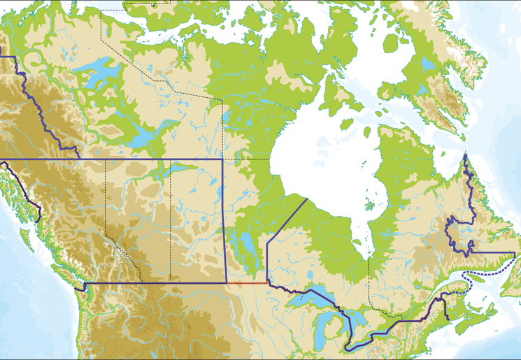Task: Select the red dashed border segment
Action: [x=248, y=283]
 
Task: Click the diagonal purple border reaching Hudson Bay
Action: [x=287, y=219]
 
